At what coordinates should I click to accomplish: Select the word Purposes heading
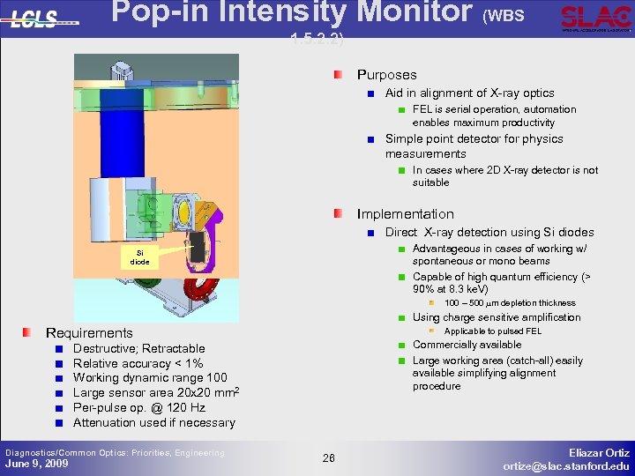[386, 75]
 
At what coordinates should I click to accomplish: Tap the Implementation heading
[405, 214]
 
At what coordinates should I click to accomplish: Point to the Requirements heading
[88, 332]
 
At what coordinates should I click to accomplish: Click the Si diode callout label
[139, 257]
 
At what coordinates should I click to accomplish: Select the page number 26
[328, 457]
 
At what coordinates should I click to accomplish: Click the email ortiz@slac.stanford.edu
[566, 465]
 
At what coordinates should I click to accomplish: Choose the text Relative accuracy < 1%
[138, 363]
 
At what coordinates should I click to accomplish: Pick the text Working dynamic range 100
[150, 378]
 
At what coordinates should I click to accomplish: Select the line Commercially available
[467, 345]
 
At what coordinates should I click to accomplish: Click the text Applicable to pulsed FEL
[492, 331]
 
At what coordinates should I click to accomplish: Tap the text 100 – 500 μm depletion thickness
[510, 303]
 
